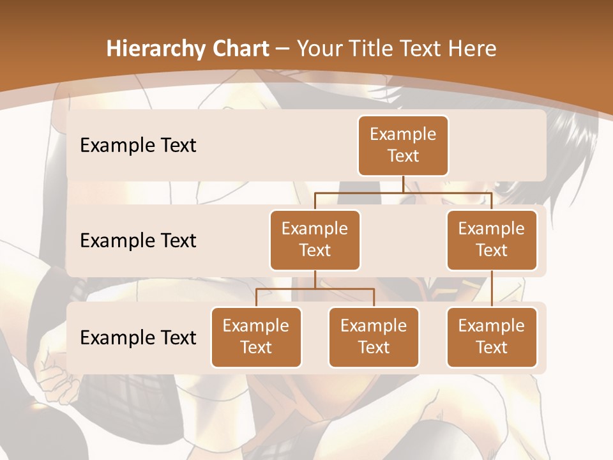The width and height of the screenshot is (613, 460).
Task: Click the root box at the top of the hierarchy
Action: tap(403, 146)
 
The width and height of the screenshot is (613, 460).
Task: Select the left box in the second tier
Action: tap(315, 240)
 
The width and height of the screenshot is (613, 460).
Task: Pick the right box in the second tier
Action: tap(492, 240)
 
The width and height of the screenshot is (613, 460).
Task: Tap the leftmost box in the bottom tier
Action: tap(256, 337)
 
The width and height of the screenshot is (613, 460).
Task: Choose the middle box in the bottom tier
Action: tap(374, 337)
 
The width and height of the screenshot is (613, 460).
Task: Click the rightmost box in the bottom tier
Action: tap(492, 337)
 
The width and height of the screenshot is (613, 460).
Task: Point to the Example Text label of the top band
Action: tap(138, 146)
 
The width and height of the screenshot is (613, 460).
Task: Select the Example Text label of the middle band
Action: tap(138, 241)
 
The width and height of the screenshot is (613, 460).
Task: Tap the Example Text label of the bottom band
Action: tap(138, 338)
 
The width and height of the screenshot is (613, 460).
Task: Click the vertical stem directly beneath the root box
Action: tap(403, 184)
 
